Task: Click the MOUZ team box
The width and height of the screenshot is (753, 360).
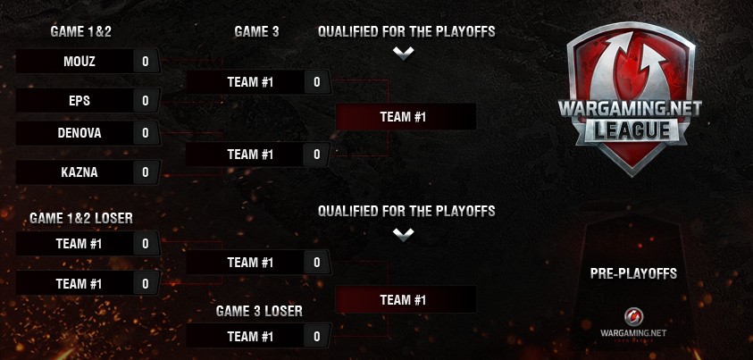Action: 79,62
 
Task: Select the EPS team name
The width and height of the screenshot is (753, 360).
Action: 79,101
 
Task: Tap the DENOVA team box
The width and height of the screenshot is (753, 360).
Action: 79,133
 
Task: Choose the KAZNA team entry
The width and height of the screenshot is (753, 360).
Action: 79,172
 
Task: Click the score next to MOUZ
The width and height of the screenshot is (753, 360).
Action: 146,62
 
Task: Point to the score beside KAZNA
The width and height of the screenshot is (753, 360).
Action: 146,172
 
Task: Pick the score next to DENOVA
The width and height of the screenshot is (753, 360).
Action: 146,133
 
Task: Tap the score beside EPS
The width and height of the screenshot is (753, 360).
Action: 146,101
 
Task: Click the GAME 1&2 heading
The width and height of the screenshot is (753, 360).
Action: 80,32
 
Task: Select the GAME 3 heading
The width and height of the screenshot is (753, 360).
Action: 256,32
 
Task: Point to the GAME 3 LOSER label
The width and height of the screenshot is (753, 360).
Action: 259,311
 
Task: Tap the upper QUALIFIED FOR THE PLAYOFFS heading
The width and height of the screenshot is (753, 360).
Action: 406,32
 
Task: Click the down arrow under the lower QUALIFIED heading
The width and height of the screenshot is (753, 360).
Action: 404,233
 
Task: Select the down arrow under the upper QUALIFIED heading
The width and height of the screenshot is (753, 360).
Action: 404,53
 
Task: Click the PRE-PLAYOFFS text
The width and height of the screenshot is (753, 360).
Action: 633,273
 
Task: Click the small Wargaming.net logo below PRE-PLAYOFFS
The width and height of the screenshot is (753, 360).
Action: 633,322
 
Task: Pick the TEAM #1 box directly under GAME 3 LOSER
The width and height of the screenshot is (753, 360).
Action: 250,337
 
